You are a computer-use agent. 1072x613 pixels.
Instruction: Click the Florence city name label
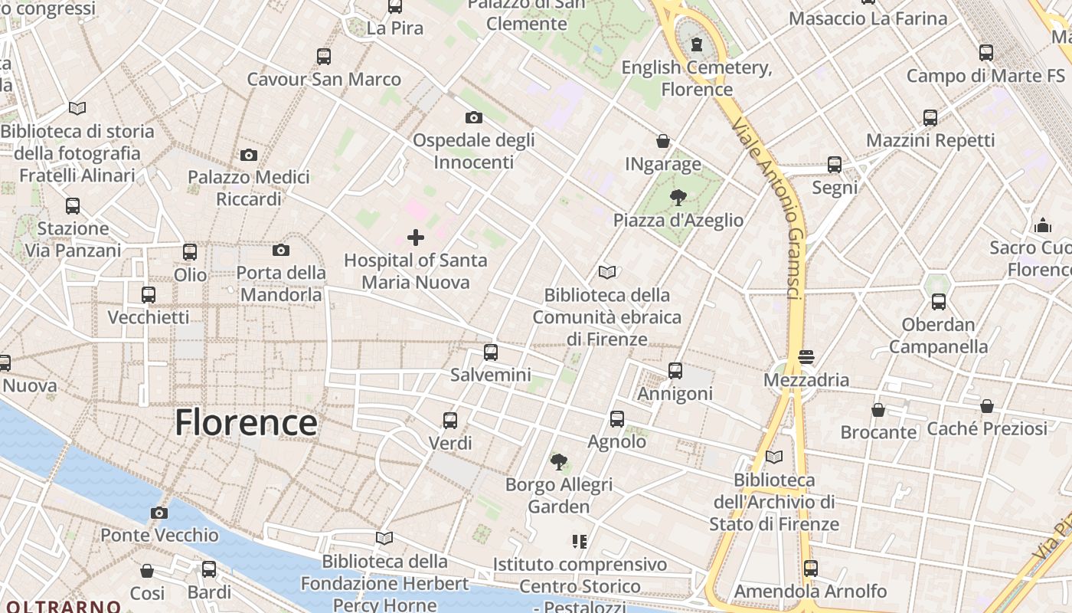(x=246, y=422)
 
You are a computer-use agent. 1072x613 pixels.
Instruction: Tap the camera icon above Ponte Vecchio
(x=159, y=513)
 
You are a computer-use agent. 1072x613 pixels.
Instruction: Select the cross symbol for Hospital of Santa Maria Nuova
(x=416, y=238)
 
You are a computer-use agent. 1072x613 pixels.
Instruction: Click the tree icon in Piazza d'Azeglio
(x=678, y=198)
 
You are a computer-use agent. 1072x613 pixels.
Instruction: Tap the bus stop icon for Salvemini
(x=491, y=352)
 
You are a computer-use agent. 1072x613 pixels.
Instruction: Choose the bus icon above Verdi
(x=450, y=420)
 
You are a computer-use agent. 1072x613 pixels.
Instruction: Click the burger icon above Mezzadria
(x=806, y=357)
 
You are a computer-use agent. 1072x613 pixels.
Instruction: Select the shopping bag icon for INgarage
(x=663, y=142)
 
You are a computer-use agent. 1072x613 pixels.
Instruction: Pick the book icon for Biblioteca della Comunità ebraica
(x=607, y=272)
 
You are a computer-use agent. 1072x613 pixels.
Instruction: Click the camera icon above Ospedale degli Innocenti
(x=474, y=117)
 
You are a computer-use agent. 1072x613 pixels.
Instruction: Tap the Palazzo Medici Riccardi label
(x=249, y=188)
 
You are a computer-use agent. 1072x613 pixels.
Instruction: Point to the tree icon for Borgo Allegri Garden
(x=559, y=462)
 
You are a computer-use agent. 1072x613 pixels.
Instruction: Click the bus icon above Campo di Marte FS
(x=986, y=53)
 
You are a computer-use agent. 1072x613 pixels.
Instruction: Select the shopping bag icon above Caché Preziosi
(x=987, y=406)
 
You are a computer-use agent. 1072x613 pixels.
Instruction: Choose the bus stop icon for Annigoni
(x=675, y=371)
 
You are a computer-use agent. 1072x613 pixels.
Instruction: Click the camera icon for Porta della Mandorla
(x=281, y=250)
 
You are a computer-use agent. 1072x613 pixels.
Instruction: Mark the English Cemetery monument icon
(x=697, y=44)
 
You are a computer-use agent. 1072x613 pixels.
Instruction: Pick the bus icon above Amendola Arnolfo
(x=811, y=569)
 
